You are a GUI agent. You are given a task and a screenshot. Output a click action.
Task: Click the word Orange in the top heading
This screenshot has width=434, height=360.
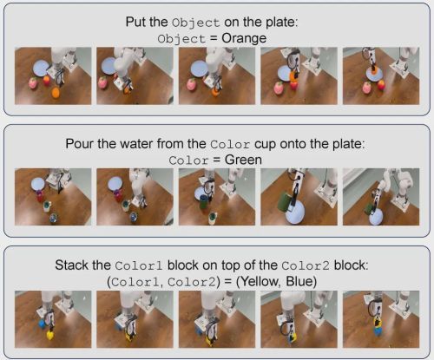(244, 38)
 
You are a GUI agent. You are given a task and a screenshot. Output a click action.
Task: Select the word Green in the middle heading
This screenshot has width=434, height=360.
(243, 160)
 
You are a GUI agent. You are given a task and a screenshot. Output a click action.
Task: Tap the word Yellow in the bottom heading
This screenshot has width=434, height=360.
(259, 281)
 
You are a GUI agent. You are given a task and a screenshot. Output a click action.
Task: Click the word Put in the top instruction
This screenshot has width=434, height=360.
(135, 22)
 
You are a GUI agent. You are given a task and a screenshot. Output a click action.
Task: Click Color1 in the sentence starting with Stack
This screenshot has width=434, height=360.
(139, 265)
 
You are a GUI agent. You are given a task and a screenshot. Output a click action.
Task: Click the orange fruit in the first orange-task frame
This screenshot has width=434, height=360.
(56, 93)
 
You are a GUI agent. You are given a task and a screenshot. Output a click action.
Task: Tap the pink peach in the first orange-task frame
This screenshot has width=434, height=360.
(33, 83)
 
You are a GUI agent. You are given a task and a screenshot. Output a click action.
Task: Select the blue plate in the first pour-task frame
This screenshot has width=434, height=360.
(38, 183)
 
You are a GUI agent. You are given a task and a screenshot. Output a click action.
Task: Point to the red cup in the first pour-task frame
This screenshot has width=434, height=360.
(40, 196)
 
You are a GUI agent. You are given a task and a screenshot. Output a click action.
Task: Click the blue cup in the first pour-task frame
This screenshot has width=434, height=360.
(54, 218)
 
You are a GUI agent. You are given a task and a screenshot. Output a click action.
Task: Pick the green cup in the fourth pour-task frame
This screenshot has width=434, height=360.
(285, 202)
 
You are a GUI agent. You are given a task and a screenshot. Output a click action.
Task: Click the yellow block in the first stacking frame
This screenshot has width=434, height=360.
(50, 335)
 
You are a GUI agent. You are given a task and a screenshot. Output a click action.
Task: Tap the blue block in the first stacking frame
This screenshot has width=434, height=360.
(43, 324)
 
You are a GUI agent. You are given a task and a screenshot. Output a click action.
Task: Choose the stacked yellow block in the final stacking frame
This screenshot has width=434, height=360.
(377, 323)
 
